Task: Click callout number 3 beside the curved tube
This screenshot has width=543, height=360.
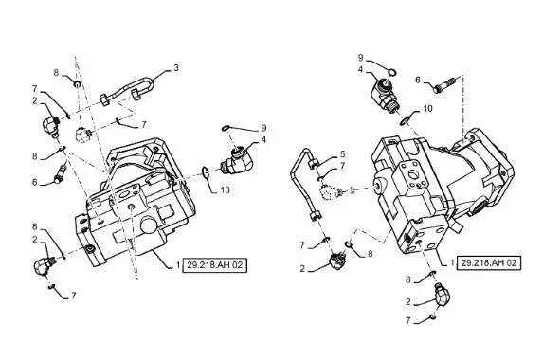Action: click(176, 68)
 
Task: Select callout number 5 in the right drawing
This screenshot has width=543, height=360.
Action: click(342, 153)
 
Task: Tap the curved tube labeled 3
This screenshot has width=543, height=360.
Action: click(127, 89)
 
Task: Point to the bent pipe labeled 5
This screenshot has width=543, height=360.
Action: click(304, 184)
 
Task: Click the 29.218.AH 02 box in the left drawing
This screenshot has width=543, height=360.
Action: click(215, 265)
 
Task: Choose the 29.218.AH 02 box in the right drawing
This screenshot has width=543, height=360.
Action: click(489, 262)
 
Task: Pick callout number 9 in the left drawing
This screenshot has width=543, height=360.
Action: click(263, 128)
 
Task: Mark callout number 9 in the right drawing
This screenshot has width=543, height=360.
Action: click(360, 58)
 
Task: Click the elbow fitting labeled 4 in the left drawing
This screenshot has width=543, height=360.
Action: click(237, 159)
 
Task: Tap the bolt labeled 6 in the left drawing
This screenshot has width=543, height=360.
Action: click(60, 174)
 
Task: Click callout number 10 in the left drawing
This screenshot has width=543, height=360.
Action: click(226, 190)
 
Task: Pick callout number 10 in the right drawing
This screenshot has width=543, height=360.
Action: click(428, 109)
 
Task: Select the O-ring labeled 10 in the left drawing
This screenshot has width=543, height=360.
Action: click(205, 171)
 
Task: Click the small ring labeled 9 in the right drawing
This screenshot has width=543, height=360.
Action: click(392, 72)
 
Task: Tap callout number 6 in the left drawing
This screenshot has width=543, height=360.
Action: click(35, 182)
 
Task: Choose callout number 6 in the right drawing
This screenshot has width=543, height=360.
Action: click(418, 81)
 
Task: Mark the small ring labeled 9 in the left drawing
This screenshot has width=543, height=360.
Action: click(226, 129)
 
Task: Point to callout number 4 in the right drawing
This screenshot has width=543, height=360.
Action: click(360, 69)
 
